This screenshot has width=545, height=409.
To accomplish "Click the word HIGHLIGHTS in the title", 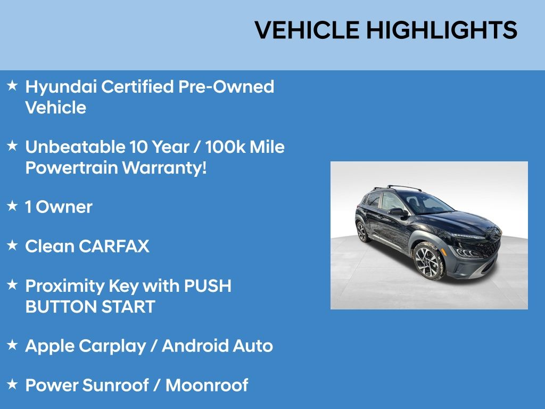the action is click(x=442, y=30).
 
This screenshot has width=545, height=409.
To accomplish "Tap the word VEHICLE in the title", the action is click(x=307, y=30).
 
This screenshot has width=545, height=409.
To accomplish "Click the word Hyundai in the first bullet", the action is click(x=61, y=87).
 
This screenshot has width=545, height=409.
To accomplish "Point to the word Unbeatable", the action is click(x=75, y=147).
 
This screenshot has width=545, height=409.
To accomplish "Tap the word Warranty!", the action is click(x=164, y=168).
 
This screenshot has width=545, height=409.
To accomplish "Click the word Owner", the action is click(x=64, y=207).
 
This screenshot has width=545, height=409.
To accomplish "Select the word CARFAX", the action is click(x=114, y=246).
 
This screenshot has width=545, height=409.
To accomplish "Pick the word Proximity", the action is click(x=64, y=287).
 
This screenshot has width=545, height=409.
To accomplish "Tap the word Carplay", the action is click(x=112, y=347).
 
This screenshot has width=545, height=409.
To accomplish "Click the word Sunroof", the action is click(x=115, y=385).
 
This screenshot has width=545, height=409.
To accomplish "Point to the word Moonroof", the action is click(x=207, y=385).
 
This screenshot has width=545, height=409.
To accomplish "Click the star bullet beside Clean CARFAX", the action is click(x=12, y=245).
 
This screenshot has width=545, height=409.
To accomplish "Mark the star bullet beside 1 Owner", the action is click(x=12, y=206).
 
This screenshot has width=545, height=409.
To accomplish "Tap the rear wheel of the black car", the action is click(x=362, y=231).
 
